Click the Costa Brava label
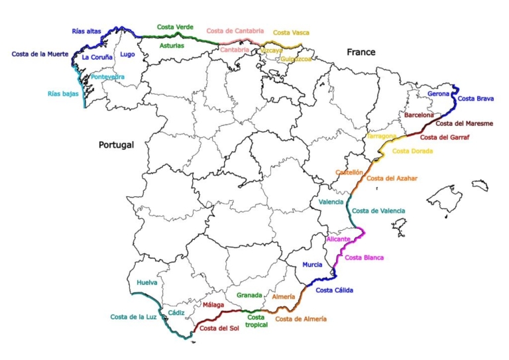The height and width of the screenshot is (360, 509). (x=476, y=99)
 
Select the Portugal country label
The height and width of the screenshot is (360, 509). (x=116, y=145)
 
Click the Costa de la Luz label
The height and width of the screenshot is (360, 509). (x=133, y=316)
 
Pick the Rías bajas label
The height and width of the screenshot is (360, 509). (x=63, y=93)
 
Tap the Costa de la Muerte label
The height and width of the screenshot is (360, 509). (x=40, y=54)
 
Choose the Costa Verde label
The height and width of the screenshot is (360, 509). (x=175, y=27)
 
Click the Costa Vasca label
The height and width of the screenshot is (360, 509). (x=291, y=32)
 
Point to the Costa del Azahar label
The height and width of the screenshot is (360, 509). (x=392, y=178)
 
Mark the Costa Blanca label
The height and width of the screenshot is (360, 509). (x=364, y=257)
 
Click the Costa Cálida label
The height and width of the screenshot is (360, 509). (x=334, y=290)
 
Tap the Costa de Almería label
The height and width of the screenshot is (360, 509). (x=301, y=319)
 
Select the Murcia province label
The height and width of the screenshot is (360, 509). (x=312, y=265)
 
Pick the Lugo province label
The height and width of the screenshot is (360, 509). (x=127, y=54)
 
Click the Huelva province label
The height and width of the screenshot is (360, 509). (x=147, y=282)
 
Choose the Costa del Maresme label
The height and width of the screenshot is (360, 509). (x=464, y=123)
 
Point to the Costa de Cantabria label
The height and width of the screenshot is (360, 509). (x=235, y=30)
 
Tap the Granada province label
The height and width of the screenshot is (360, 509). (x=249, y=295)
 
